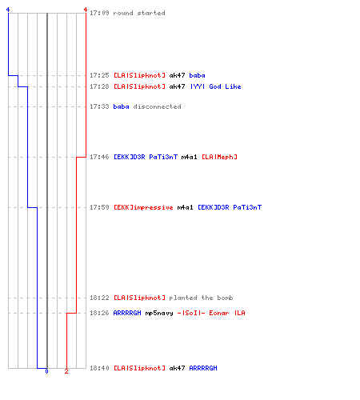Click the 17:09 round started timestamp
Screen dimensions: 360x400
click(99, 13)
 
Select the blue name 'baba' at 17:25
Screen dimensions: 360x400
click(197, 75)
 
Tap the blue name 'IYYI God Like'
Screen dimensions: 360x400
click(216, 86)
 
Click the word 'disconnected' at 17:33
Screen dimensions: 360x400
click(157, 106)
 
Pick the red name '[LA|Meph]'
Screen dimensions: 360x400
click(219, 157)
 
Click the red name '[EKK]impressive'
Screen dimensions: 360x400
click(143, 207)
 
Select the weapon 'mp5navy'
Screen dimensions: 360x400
click(159, 313)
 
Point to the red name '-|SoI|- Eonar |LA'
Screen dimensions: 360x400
click(211, 313)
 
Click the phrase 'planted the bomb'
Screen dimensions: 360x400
click(201, 298)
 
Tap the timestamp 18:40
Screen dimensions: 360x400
click(99, 368)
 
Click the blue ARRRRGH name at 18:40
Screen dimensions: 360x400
click(203, 368)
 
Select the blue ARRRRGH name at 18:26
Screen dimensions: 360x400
click(127, 313)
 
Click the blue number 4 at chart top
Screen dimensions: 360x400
click(8, 10)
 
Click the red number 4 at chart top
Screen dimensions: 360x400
click(86, 10)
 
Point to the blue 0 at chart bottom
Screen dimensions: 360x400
click(46, 371)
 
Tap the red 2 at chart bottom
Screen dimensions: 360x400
click(66, 371)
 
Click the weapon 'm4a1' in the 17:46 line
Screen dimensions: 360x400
click(189, 157)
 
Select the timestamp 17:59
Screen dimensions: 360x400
click(99, 207)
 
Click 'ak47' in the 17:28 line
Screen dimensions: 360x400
click(177, 86)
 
